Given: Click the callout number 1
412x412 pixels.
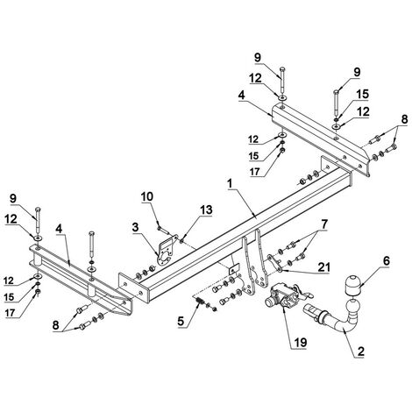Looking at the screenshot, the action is [230, 184].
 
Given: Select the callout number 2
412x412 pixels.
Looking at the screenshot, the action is [361, 352].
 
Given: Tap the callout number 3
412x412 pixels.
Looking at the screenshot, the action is [135, 227].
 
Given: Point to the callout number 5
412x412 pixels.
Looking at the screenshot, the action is [181, 321].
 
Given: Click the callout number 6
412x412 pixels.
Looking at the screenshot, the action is [387, 261].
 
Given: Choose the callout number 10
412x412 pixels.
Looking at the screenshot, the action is [147, 196].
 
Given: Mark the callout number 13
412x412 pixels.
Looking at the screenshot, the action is [206, 210].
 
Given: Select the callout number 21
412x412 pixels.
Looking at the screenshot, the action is [323, 267].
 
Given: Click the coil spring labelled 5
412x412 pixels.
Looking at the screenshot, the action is [200, 302].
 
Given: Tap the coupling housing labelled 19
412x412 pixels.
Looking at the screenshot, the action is [283, 295].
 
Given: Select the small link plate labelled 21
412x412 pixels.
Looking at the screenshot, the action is [274, 263].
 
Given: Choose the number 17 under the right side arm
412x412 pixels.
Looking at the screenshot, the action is [255, 172].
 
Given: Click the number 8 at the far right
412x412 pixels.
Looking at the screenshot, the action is [404, 119].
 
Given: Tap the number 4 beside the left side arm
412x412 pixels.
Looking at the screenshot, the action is [59, 229].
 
